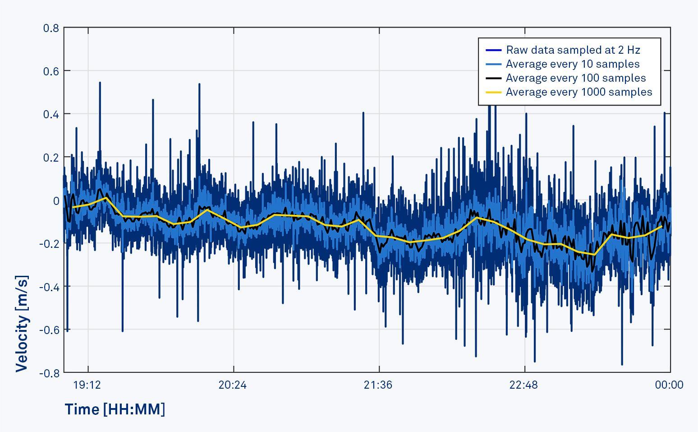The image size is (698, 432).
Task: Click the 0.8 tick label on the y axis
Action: [51, 28]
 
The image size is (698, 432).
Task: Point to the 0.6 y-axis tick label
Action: [51, 71]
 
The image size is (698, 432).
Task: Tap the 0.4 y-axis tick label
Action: [51, 114]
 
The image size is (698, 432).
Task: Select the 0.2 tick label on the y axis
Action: [51, 158]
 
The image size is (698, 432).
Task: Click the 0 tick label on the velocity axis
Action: [56, 201]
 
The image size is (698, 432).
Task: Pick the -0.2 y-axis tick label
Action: [49, 244]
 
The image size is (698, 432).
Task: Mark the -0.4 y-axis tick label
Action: [49, 287]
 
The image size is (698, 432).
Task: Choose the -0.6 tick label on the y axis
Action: [49, 330]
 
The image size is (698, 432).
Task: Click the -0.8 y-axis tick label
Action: [49, 373]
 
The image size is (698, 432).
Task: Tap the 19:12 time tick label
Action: [87, 385]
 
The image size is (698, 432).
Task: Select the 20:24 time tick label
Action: [233, 385]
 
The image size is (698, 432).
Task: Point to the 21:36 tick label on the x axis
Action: [378, 385]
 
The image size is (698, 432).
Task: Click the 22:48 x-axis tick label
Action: [524, 385]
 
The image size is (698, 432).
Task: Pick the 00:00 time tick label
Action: [669, 385]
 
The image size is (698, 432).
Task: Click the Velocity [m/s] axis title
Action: [22, 323]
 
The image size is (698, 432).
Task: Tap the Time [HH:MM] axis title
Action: [115, 409]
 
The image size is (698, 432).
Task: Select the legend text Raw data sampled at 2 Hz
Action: [573, 50]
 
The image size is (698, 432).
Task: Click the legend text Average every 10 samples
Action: [573, 64]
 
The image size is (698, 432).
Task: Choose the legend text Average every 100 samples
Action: [576, 78]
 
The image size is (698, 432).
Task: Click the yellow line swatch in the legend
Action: [494, 92]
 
